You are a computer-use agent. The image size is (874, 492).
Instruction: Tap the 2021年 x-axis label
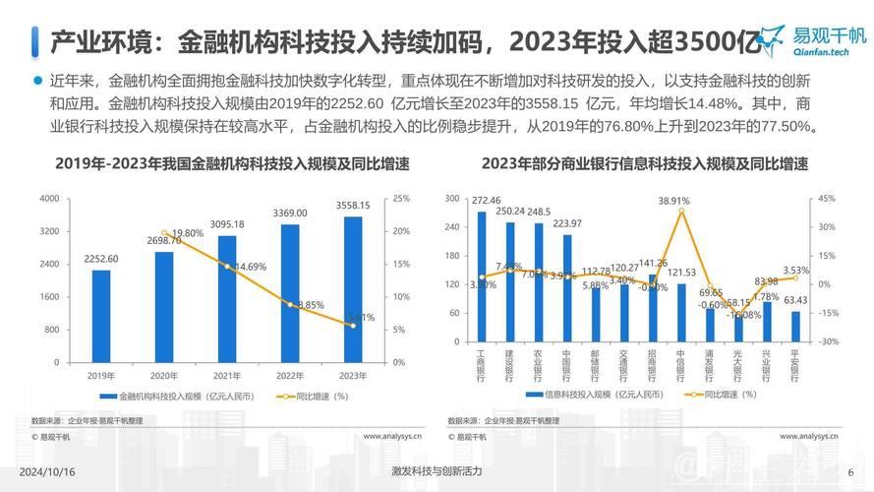click(226, 375)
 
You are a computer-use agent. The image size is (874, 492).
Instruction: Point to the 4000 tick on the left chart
click(49, 199)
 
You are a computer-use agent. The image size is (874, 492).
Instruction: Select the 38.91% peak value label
click(674, 200)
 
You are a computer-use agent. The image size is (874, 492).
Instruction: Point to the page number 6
click(850, 471)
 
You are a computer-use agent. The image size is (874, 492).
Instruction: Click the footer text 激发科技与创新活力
click(436, 471)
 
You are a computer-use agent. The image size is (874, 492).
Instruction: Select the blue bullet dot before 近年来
click(37, 80)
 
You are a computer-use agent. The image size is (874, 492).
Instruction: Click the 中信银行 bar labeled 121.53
click(681, 313)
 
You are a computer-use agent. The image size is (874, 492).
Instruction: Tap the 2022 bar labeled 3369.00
click(289, 295)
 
